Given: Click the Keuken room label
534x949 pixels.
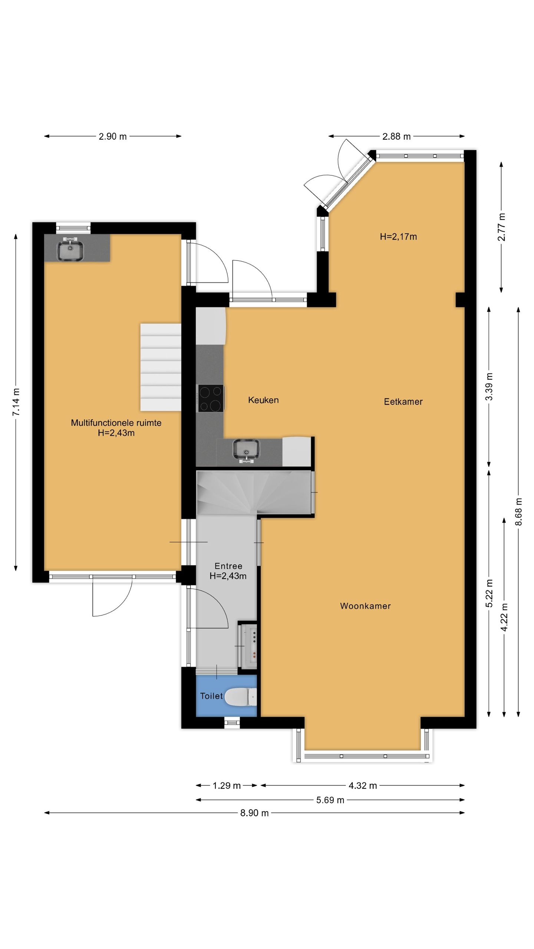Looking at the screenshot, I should (263, 400).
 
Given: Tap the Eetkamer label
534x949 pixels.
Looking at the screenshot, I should (403, 401).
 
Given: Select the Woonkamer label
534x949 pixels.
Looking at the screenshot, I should (365, 606).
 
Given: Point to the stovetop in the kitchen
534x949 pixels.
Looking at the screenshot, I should (211, 399).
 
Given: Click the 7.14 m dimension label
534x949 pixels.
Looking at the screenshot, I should (16, 402).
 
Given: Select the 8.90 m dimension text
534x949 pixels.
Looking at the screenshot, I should (254, 813).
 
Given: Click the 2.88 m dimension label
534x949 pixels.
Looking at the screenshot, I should (396, 136).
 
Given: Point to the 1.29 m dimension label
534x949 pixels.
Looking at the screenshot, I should (227, 786).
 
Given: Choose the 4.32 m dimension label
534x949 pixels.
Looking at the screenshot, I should (363, 786).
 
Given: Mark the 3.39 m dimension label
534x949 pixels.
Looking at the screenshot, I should (489, 386).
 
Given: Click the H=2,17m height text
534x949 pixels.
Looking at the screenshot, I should (398, 237).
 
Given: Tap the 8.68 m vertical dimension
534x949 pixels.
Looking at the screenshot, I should (518, 512).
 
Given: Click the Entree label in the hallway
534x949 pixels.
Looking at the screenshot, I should (228, 566).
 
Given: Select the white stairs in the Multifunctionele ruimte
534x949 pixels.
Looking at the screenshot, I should (161, 367).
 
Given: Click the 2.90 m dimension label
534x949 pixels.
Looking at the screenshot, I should (113, 136).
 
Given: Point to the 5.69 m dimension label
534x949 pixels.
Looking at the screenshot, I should (330, 800).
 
